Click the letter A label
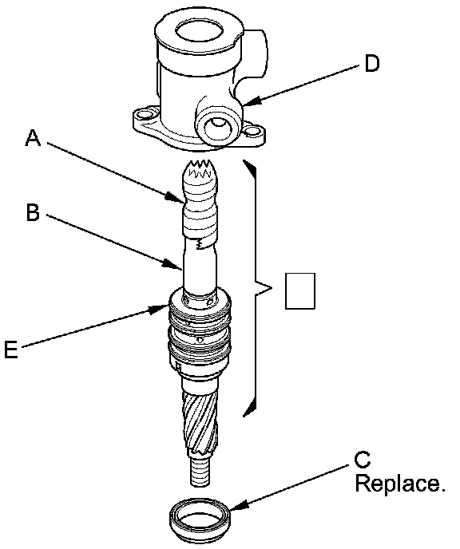[x=34, y=137]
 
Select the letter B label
[x=33, y=212]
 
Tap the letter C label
[x=362, y=460]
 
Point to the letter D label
[x=371, y=64]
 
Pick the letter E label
[x=11, y=349]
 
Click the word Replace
[x=400, y=484]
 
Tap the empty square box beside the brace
[x=300, y=291]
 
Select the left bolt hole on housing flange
[x=143, y=115]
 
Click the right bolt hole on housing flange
[x=252, y=132]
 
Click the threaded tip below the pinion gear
[x=201, y=472]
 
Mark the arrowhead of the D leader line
[x=252, y=101]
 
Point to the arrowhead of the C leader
[x=239, y=505]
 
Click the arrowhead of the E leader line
[x=160, y=309]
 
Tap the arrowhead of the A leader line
[x=175, y=197]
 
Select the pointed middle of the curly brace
[x=272, y=288]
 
